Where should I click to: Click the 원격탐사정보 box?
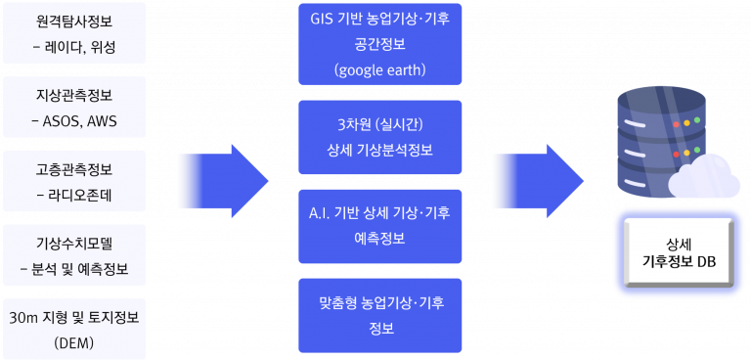point(74,33)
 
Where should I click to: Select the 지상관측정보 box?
point(74,107)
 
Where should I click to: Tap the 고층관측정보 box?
point(74,181)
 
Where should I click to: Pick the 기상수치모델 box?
point(74,255)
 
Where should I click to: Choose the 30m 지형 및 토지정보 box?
point(74,330)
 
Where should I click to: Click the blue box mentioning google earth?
point(379,44)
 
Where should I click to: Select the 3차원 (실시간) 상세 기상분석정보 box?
point(379,137)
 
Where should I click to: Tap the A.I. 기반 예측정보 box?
point(379,226)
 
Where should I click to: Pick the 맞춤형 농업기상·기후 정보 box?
point(379,315)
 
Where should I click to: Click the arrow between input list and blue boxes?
point(223,181)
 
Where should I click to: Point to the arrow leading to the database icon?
point(540,181)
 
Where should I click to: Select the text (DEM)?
point(74,343)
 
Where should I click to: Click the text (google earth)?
point(379,70)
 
